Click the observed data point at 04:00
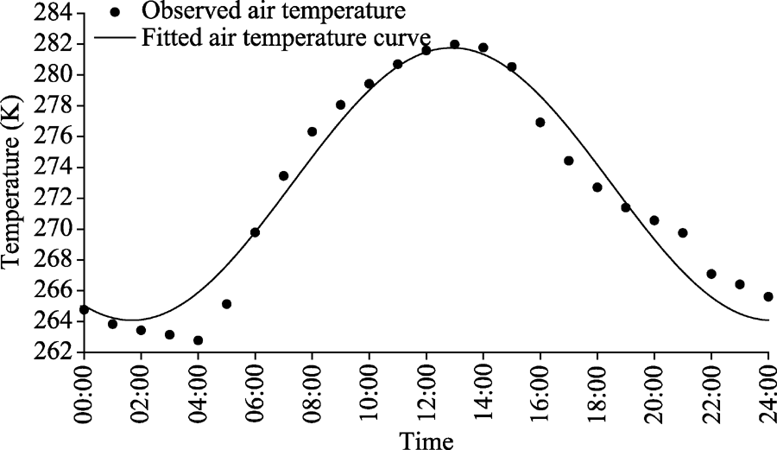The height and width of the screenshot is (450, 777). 198,340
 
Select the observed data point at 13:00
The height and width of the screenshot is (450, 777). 454,44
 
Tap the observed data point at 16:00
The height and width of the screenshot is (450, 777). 540,123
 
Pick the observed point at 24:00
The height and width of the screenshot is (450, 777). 768,296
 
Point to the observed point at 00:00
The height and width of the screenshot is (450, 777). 84,309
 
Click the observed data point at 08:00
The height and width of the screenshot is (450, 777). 312,131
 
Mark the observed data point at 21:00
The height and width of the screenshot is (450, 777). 682,232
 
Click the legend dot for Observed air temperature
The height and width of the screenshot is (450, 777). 115,13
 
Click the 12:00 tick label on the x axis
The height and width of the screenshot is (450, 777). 426,392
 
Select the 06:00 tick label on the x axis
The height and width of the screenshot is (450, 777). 256,392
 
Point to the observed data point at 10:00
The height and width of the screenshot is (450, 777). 369,84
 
